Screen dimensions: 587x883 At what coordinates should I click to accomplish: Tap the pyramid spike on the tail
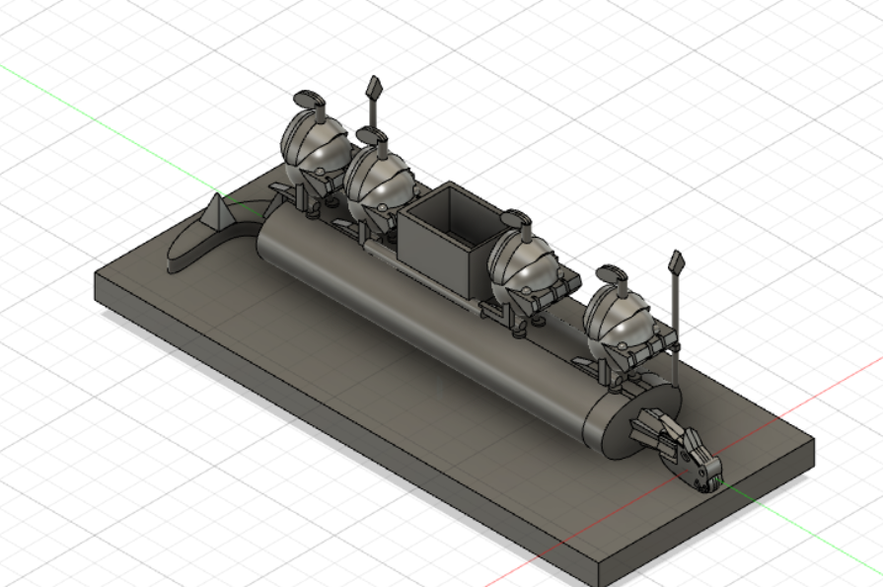(x=216, y=211)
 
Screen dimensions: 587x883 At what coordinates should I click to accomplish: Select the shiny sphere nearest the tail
(x=314, y=144)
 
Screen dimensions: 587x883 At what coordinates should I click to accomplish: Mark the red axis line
(x=789, y=404)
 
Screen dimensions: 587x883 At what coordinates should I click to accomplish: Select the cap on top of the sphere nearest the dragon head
(x=613, y=271)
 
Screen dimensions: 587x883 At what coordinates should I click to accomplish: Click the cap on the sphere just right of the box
(x=517, y=215)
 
